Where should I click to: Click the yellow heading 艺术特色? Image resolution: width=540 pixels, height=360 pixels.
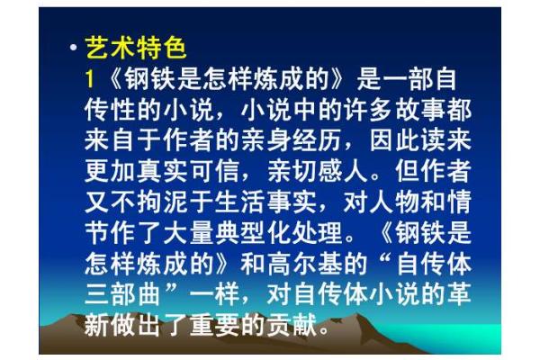(x=135, y=47)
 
